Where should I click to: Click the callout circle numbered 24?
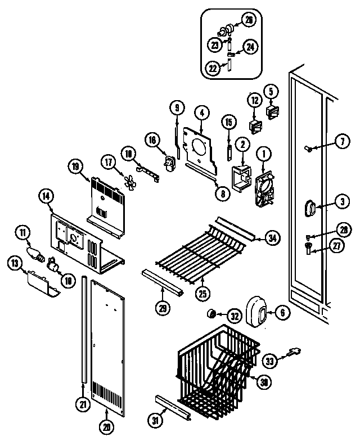(x=251, y=47)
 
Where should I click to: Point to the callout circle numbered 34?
(x=273, y=238)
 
